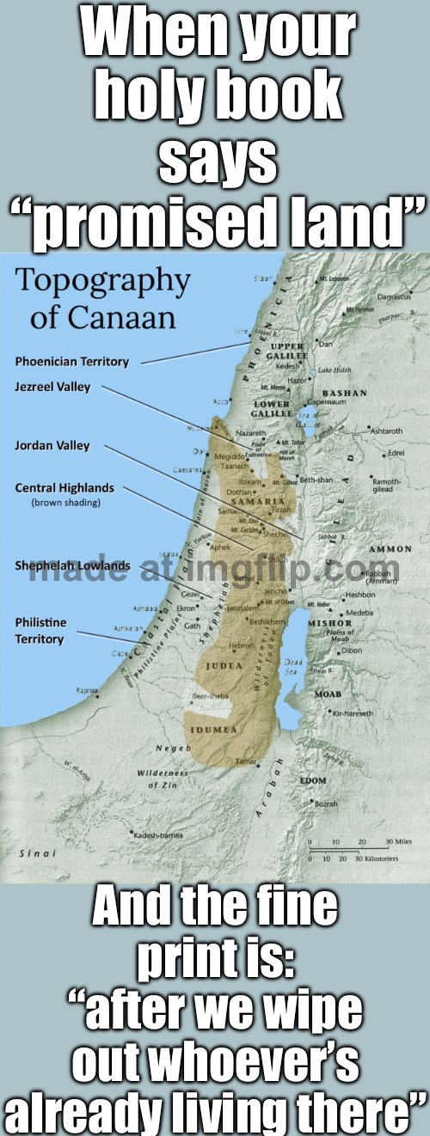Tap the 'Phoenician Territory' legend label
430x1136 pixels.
pyautogui.click(x=71, y=362)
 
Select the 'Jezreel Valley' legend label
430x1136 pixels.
pyautogui.click(x=52, y=388)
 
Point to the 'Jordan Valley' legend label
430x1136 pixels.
pyautogui.click(x=52, y=446)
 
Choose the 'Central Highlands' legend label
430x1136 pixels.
pyautogui.click(x=64, y=488)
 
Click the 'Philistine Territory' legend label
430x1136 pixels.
pyautogui.click(x=40, y=631)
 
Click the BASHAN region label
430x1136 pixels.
pyautogui.click(x=344, y=393)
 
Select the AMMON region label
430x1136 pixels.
pyautogui.click(x=390, y=549)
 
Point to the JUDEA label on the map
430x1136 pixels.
pyautogui.click(x=221, y=664)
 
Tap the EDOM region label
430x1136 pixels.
pyautogui.click(x=312, y=779)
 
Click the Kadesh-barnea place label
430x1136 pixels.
pyautogui.click(x=157, y=834)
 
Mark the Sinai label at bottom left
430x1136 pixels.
pyautogui.click(x=33, y=855)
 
